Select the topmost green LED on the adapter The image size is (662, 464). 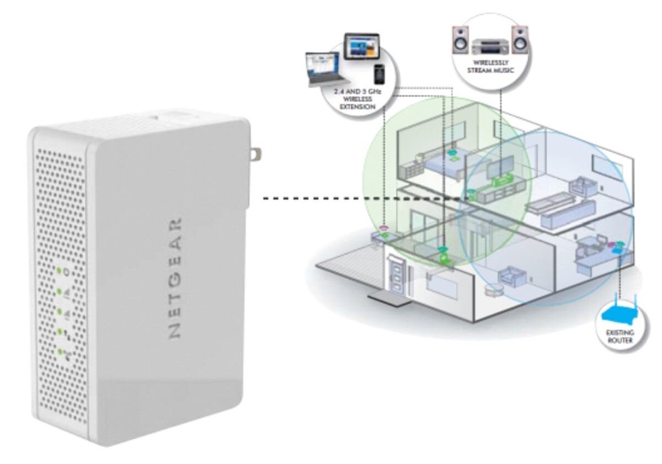pyautogui.click(x=58, y=270)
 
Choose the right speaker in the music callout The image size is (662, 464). pyautogui.click(x=519, y=39)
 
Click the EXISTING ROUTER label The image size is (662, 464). pyautogui.click(x=621, y=337)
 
